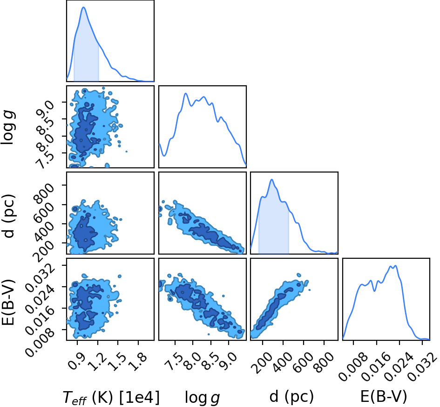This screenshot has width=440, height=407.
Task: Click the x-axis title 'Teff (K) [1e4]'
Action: click(x=111, y=398)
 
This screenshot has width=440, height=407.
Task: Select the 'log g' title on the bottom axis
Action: click(x=203, y=398)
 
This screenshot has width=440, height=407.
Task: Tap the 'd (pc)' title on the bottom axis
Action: click(x=291, y=397)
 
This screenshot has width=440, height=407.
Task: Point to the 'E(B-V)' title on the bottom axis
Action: click(x=383, y=397)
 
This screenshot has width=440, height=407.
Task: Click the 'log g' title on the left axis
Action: click(x=8, y=127)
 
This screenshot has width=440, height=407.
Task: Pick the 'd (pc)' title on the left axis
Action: click(x=9, y=216)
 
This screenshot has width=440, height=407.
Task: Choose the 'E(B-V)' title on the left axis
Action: click(x=8, y=303)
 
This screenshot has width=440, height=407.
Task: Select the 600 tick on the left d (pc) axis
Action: click(x=43, y=207)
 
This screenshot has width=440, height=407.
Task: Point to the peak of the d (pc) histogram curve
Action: click(x=271, y=179)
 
